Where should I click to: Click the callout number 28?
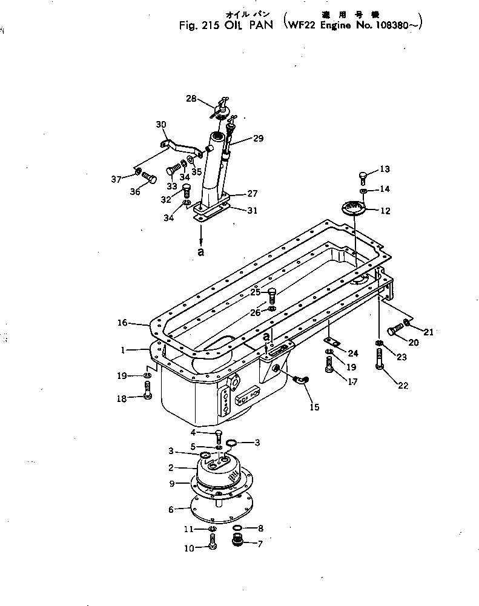point(191,98)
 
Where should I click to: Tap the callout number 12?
point(385,211)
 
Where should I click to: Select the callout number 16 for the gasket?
point(122,323)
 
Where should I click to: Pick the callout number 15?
point(314,407)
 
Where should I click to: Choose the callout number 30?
point(160,125)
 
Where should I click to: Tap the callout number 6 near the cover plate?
point(171,510)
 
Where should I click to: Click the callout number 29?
point(258,139)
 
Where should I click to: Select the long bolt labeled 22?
point(380,363)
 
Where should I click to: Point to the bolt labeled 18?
point(147,389)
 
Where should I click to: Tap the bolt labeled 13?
point(363,176)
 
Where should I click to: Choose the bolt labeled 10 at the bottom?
point(213,544)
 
